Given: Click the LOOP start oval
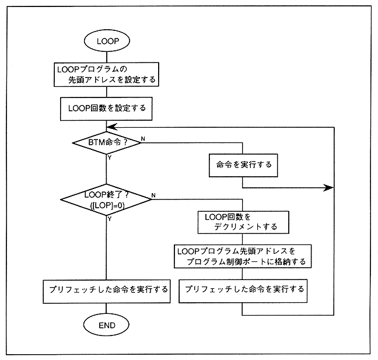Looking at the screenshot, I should pos(107,41).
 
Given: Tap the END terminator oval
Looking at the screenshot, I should pos(107,324).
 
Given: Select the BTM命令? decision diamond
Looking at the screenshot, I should pos(107,142).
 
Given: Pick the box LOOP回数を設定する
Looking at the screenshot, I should pos(107,108).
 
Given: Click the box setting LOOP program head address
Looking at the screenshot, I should pos(107,74).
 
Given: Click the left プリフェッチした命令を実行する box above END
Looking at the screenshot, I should pos(107,290).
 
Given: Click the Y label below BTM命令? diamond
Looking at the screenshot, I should pos(110,157).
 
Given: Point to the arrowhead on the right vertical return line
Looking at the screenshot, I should pos(329,188).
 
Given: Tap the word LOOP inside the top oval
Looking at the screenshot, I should pos(107,41).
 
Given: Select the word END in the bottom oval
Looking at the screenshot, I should pos(107,324).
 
